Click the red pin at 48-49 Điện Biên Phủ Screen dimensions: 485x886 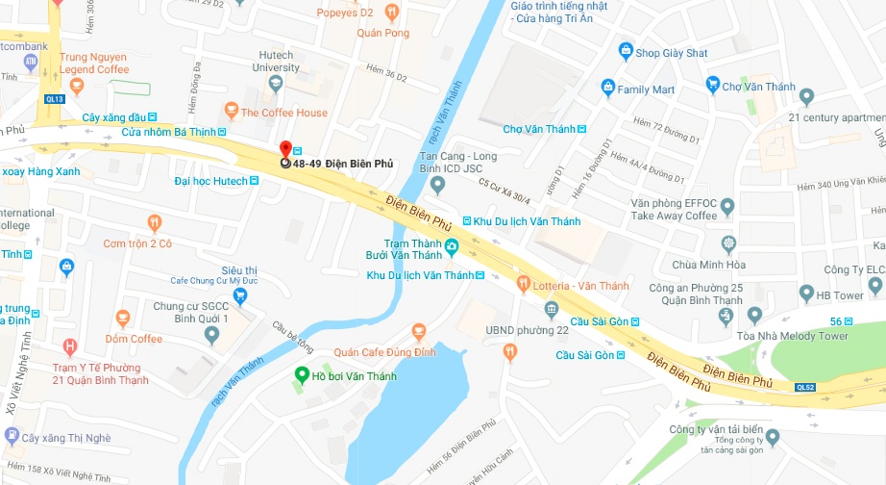tap(284, 149)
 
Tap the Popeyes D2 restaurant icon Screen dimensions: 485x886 tap(390, 13)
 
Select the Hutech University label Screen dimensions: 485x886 tap(276, 62)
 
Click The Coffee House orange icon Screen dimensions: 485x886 tap(231, 112)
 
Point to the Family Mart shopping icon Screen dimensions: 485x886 tap(607, 89)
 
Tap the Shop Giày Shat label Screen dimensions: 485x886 tap(671, 53)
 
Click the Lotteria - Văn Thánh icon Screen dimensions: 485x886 tap(523, 285)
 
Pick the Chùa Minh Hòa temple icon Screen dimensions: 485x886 tap(730, 243)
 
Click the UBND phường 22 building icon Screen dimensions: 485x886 tap(551, 309)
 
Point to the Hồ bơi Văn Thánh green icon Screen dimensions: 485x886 tap(301, 375)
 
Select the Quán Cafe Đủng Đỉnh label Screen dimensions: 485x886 tap(384, 353)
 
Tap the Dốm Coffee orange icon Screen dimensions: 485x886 tap(122, 318)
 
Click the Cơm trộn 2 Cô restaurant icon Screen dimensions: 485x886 tap(155, 223)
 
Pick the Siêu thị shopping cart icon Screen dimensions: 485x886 tap(240, 294)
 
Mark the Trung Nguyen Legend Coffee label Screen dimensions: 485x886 tap(94, 64)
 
